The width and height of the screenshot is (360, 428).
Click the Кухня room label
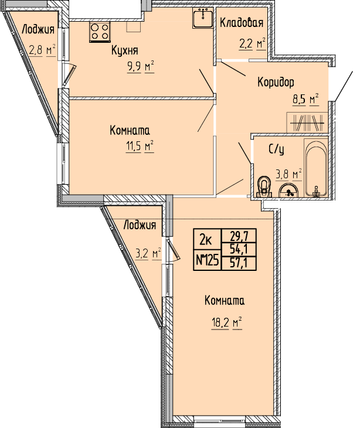[x=125, y=50]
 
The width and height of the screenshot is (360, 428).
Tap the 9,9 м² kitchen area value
[x=141, y=66]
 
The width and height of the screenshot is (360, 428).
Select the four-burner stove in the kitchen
[x=100, y=32]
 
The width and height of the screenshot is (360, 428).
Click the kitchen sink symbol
[x=203, y=18]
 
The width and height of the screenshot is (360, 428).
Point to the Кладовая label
[x=242, y=23]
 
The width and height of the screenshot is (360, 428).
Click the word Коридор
[x=276, y=82]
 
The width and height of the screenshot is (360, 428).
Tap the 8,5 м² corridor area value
[x=305, y=99]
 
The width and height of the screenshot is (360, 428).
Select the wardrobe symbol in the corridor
[x=307, y=123]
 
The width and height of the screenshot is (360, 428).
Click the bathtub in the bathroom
[x=316, y=168]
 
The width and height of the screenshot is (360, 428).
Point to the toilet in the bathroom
[x=264, y=186]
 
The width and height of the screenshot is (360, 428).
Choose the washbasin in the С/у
[x=288, y=190]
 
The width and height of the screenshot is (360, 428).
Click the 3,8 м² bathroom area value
[x=288, y=174]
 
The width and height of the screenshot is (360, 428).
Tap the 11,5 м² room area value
[x=140, y=147]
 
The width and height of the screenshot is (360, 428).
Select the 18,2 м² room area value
[x=227, y=324]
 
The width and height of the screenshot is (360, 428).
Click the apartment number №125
[x=208, y=261]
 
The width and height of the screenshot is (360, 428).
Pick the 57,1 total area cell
[x=239, y=263]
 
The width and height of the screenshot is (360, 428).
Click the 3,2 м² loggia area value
[x=148, y=254]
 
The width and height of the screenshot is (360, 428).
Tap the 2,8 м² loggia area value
[x=42, y=50]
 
